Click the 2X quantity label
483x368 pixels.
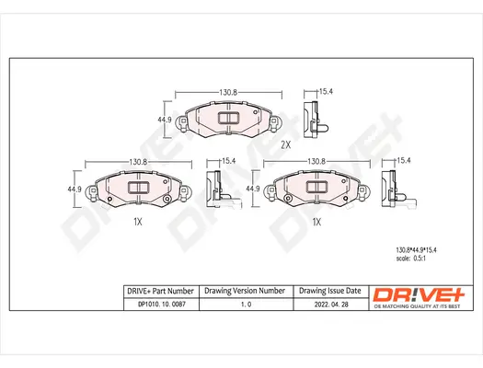pyautogui.click(x=285, y=144)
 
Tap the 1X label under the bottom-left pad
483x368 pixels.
pyautogui.click(x=137, y=222)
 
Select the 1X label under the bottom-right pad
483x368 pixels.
pyautogui.click(x=316, y=222)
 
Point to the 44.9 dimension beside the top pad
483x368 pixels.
pyautogui.click(x=166, y=120)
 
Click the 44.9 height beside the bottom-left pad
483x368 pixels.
pyautogui.click(x=75, y=190)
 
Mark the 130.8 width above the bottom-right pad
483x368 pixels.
pyautogui.click(x=316, y=162)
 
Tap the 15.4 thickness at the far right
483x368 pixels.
pyautogui.click(x=402, y=162)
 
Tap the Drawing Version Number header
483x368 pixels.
pyautogui.click(x=244, y=291)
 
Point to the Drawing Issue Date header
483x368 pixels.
pyautogui.click(x=329, y=291)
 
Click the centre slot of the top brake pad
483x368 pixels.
pyautogui.click(x=224, y=117)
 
